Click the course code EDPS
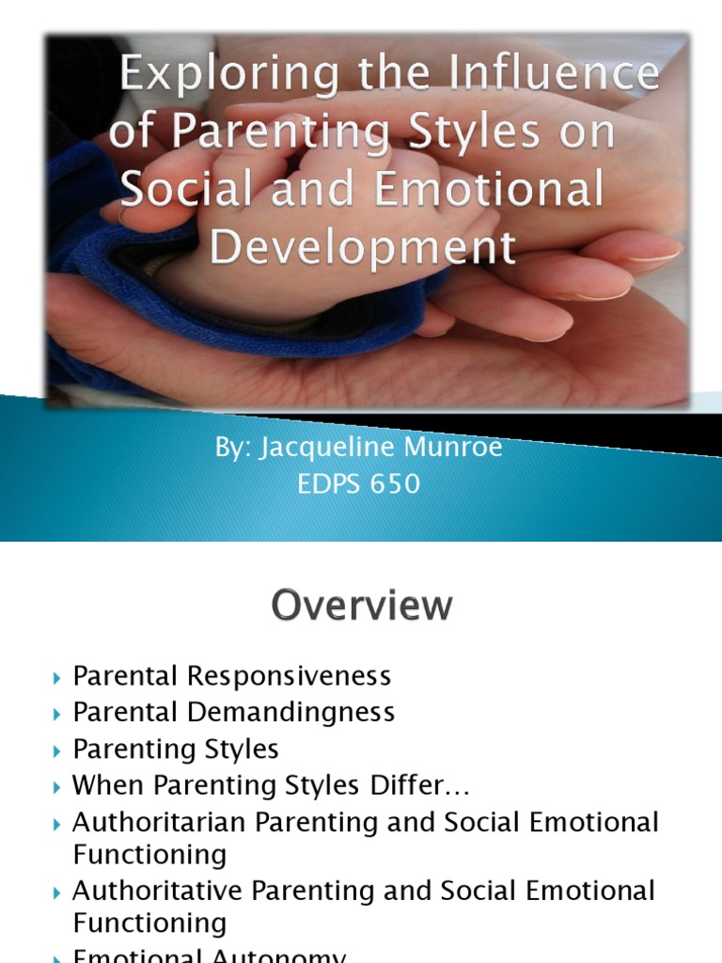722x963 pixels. (x=328, y=484)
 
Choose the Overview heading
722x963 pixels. (x=362, y=606)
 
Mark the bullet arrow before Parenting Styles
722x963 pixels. (x=58, y=750)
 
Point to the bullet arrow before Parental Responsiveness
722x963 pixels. (x=58, y=677)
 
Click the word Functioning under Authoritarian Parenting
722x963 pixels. (x=149, y=855)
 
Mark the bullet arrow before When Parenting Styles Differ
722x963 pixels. (x=58, y=786)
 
